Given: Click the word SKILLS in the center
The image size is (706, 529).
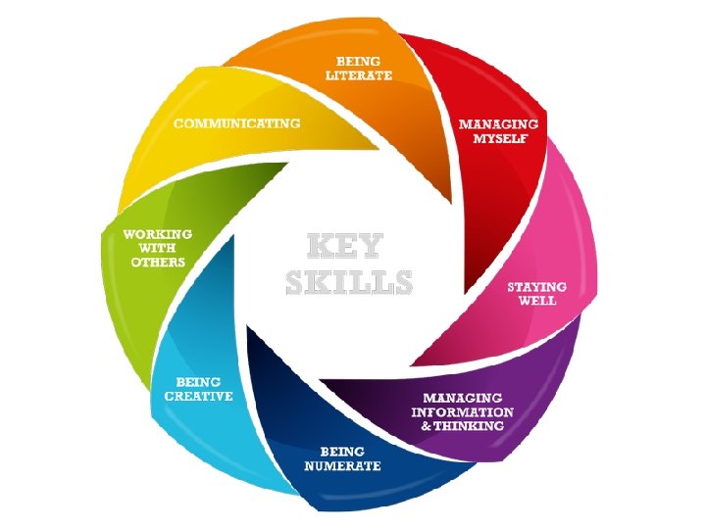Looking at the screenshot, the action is coord(349,282).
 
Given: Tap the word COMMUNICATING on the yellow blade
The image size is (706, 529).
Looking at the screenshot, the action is coord(237,124).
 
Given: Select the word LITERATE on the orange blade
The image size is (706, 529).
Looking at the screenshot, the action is coord(359,75).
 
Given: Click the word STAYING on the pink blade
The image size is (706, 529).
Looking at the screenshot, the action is coord(536,287).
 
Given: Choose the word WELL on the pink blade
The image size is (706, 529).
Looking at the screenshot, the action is coord(537,301).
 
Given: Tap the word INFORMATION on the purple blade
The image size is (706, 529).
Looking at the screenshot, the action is coord(458,412).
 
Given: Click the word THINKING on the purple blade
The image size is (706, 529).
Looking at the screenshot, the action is coord(469,426).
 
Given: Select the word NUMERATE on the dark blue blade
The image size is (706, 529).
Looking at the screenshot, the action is coord(342,465).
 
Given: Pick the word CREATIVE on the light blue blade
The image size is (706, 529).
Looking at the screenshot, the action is coord(198,396).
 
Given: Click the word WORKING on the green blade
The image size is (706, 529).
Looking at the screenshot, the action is coord(157,235).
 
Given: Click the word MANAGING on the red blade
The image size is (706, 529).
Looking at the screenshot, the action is coord(499,124).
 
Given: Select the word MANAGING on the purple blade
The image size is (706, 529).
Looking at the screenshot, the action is coord(464,399).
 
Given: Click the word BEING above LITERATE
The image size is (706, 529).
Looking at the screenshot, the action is coord(359,62).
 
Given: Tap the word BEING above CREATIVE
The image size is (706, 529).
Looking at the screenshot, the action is coord(198,381).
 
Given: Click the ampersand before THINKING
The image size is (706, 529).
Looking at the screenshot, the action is coord(426,426).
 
